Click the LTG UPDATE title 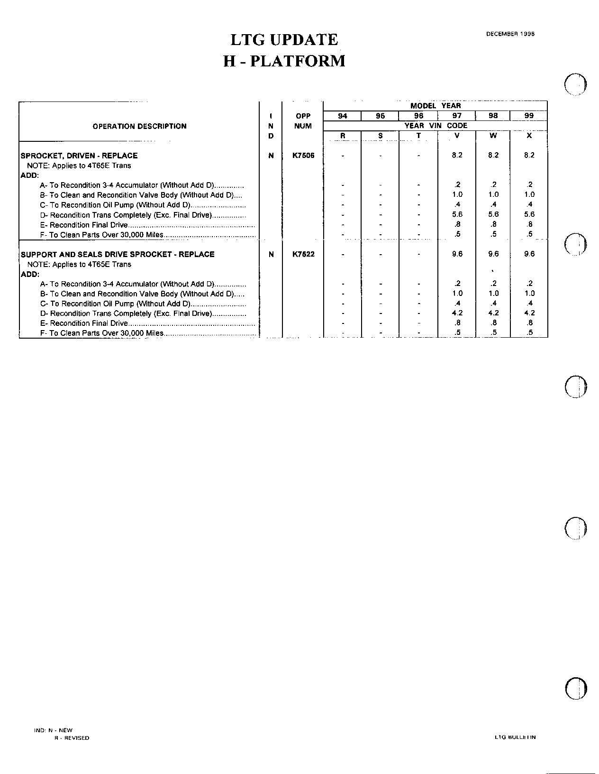point(284,40)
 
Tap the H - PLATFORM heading point(284,61)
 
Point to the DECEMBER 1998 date point(510,34)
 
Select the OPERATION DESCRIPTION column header point(139,126)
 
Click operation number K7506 point(303,156)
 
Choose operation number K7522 point(303,254)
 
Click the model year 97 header point(457,116)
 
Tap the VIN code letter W point(493,136)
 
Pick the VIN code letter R point(343,136)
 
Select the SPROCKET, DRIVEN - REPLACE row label point(79,156)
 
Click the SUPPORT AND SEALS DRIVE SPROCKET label point(118,254)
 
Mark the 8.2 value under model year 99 point(529,155)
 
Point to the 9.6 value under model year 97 point(457,254)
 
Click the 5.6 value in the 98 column point(493,214)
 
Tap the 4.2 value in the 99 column point(529,313)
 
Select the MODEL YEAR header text point(436,106)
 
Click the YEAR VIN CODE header point(436,126)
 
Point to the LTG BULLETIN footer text point(515,737)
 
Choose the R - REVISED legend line point(72,738)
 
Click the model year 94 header point(342,116)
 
